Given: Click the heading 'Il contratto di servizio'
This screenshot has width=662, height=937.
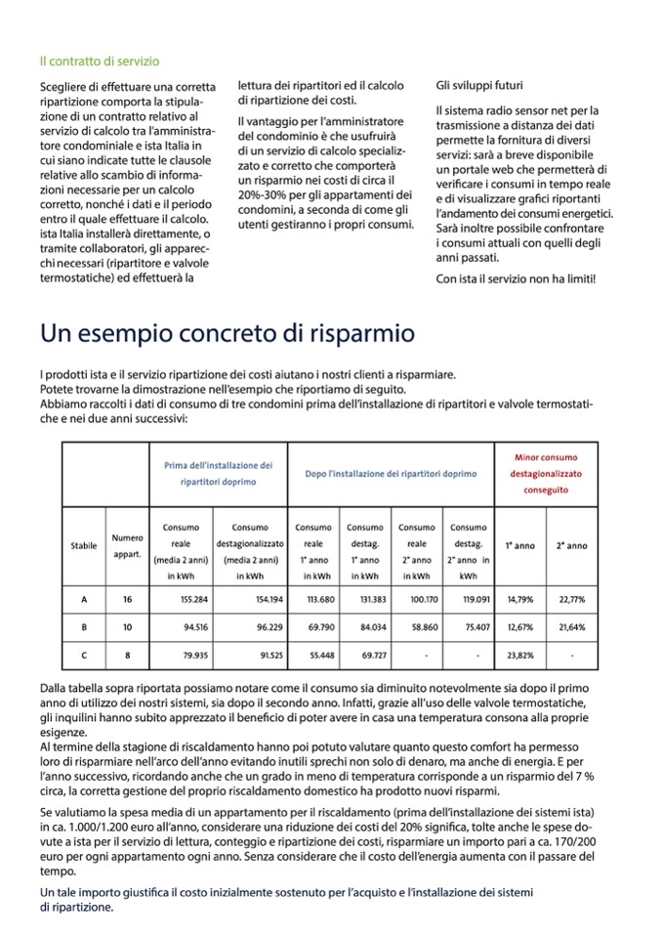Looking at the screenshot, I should [100, 61].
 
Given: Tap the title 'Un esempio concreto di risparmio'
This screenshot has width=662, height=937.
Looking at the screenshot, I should [227, 333].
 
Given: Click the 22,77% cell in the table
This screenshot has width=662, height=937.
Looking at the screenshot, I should [571, 600].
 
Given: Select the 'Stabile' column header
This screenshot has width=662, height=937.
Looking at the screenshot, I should [85, 545].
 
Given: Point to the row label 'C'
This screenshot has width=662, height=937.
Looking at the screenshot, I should [85, 653].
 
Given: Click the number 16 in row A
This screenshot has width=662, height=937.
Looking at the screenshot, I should [127, 600].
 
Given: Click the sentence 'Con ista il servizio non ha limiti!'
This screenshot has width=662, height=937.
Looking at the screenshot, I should [516, 279].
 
